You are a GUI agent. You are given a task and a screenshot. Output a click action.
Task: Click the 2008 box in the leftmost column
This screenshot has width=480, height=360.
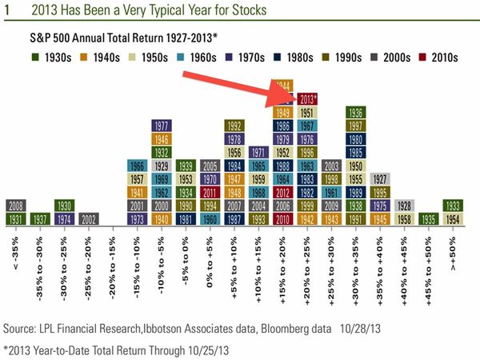(x=15, y=206)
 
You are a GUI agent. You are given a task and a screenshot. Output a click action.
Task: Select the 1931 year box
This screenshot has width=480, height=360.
(x=15, y=218)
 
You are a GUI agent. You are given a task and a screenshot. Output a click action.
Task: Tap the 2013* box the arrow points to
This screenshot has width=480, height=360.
(x=306, y=99)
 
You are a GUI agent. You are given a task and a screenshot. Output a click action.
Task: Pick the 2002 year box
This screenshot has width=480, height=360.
(x=89, y=218)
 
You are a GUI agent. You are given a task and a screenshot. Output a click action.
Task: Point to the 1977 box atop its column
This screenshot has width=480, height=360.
(x=162, y=126)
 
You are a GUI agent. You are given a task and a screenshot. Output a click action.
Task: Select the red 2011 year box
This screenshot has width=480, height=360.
(x=211, y=192)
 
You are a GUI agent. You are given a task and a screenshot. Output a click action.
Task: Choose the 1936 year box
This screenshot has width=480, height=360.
(x=358, y=113)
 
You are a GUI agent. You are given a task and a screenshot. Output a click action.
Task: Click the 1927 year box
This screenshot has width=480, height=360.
(x=382, y=178)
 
